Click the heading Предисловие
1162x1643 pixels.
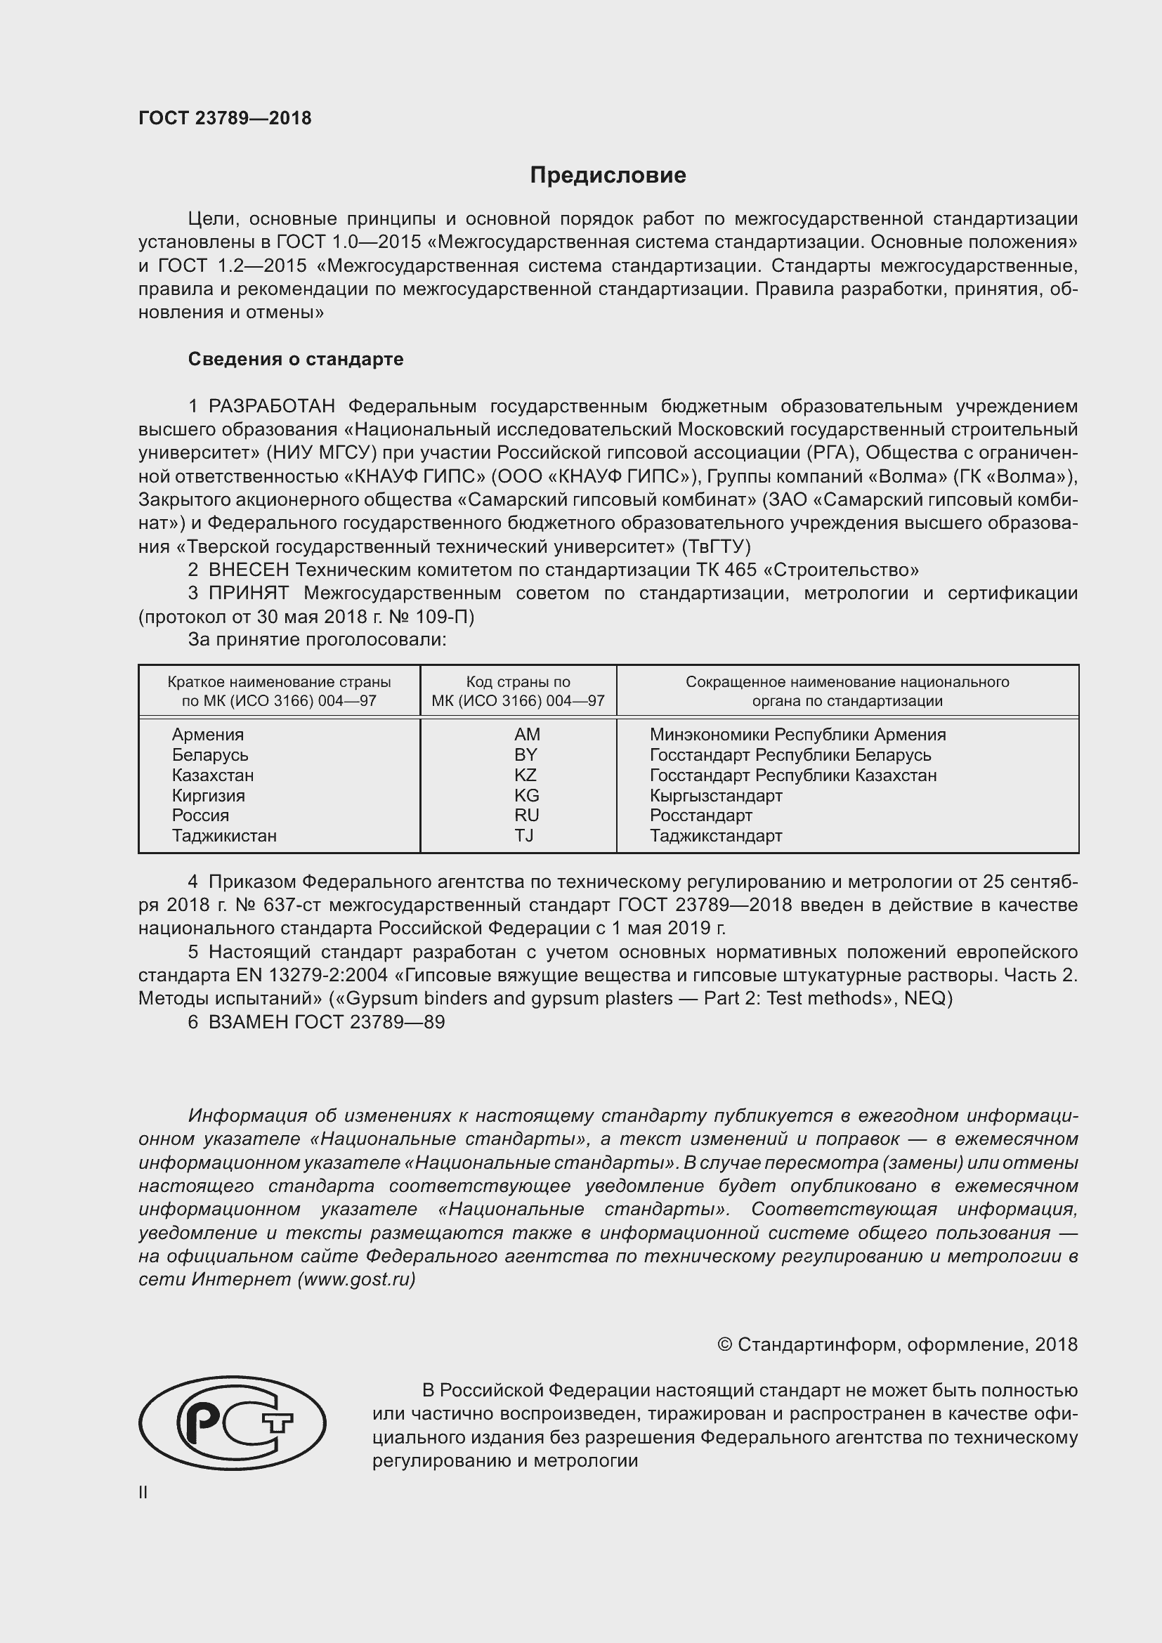point(608,176)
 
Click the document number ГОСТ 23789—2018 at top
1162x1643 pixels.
point(225,118)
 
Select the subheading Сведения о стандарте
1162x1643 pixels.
point(296,359)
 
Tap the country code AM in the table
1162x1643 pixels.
point(527,734)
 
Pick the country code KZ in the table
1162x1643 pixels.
point(525,775)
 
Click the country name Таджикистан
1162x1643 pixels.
point(224,835)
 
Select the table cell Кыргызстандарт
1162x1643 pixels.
point(715,795)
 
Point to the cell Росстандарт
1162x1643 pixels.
point(700,815)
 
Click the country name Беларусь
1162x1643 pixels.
point(209,755)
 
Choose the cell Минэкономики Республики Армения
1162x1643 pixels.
point(797,734)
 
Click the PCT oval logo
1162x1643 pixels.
point(232,1423)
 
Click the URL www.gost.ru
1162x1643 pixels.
point(356,1279)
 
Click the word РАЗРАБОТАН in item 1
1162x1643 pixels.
point(271,407)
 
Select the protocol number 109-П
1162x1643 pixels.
point(449,617)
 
